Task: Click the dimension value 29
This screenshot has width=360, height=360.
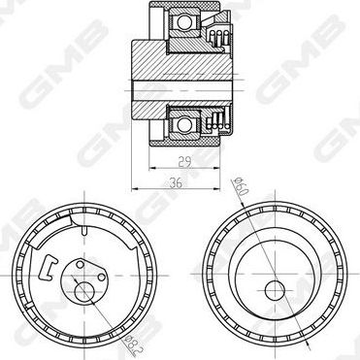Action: (185, 162)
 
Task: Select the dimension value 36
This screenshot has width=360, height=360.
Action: (176, 183)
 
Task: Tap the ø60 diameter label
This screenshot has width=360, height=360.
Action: (242, 187)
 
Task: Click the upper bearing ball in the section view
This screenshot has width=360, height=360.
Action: (184, 22)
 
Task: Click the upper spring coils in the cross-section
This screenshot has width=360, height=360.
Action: (219, 38)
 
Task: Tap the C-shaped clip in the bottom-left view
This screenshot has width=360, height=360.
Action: (48, 267)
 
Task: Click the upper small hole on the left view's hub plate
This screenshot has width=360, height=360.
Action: (80, 265)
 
